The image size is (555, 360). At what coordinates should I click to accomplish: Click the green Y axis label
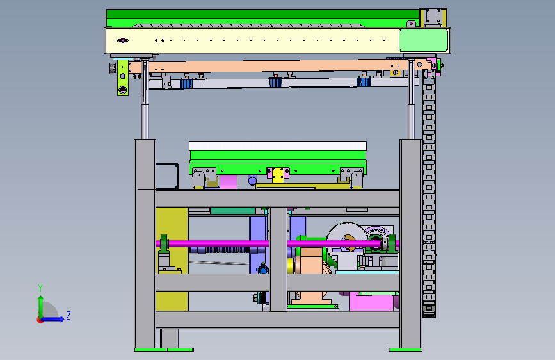coord(40,288)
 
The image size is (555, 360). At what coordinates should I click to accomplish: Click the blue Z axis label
coord(68,315)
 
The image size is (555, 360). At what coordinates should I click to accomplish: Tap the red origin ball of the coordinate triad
coord(40,320)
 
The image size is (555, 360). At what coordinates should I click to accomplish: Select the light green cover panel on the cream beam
coord(423,40)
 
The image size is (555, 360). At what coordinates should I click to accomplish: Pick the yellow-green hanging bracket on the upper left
coord(122,78)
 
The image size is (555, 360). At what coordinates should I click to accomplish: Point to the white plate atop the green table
coord(278,145)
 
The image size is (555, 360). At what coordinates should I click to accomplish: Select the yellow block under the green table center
coord(278,176)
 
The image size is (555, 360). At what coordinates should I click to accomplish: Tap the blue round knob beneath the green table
coord(252,181)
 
